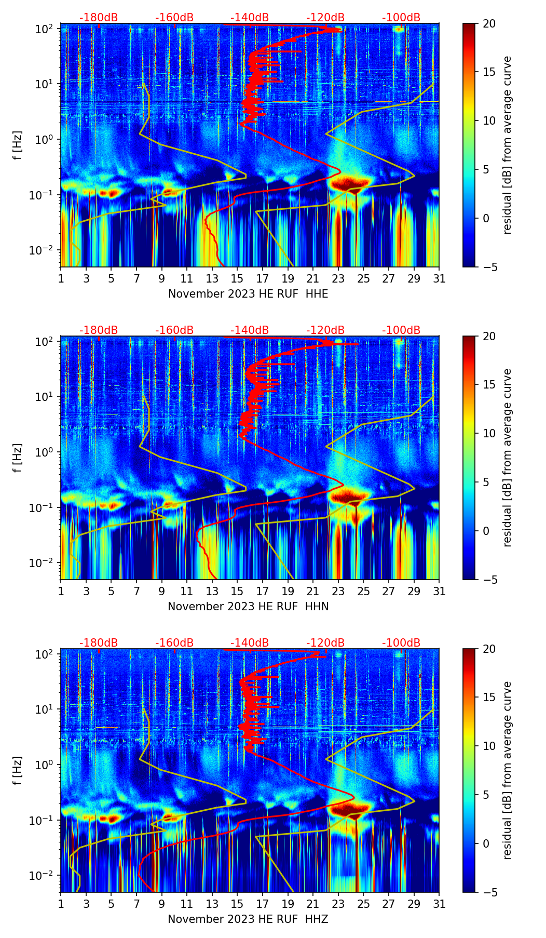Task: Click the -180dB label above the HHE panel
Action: (99, 18)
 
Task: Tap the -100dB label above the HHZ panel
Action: (401, 643)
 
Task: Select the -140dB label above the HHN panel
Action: (250, 330)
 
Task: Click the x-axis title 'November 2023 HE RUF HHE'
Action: (248, 294)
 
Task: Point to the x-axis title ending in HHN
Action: (248, 607)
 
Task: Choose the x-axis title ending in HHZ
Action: (248, 919)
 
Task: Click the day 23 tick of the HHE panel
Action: (338, 278)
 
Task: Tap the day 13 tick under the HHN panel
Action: (212, 591)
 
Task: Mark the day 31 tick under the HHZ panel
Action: (439, 904)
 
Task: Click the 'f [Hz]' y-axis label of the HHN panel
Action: (18, 458)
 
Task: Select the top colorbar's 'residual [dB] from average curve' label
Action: (507, 145)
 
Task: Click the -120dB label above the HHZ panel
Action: (325, 643)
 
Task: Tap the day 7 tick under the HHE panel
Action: (136, 278)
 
